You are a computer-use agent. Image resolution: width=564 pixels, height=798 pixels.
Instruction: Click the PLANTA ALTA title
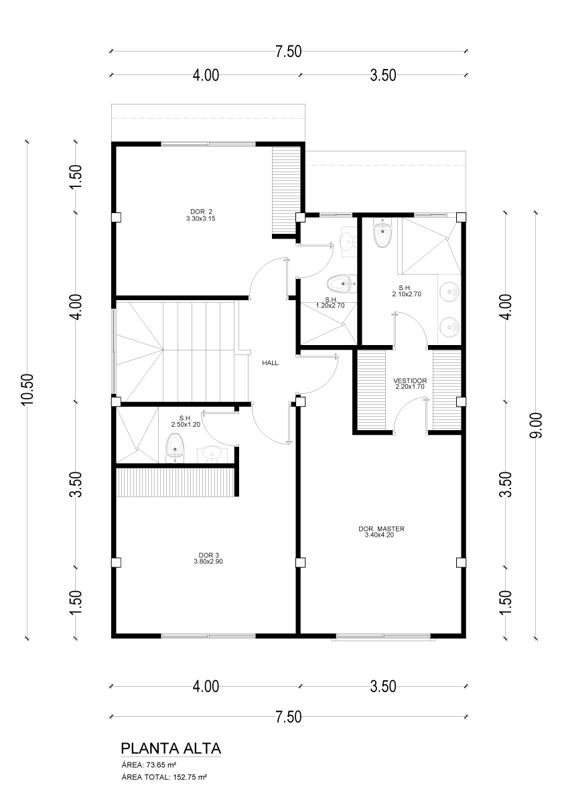[x=171, y=748]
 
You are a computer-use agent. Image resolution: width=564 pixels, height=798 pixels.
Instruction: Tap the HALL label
[x=270, y=363]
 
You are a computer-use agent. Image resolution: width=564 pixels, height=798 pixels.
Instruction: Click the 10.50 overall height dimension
[x=27, y=390]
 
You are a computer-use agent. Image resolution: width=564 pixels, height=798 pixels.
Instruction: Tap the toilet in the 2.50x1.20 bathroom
[x=174, y=448]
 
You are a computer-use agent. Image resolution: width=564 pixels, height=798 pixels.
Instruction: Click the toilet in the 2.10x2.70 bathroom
[x=383, y=234]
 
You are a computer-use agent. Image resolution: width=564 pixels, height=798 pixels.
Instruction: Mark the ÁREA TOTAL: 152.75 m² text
[x=163, y=777]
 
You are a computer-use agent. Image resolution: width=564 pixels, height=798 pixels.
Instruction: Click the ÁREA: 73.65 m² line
[x=149, y=764]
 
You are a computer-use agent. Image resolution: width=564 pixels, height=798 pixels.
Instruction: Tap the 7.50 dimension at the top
[x=288, y=52]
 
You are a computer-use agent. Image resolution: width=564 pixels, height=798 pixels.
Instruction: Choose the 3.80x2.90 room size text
[x=208, y=561]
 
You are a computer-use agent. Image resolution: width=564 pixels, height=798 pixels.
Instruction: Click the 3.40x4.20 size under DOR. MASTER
[x=381, y=535]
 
